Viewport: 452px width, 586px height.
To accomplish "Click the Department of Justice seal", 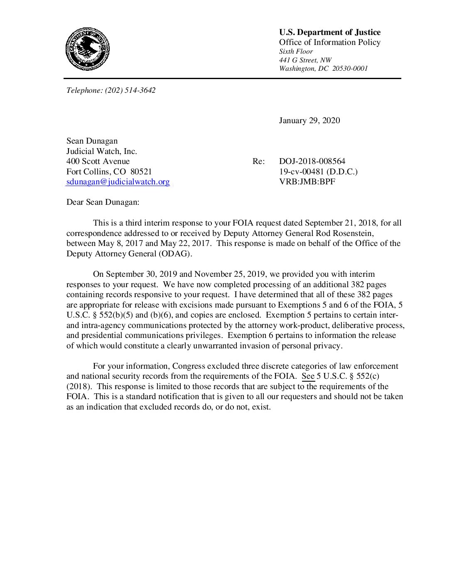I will tap(87, 49).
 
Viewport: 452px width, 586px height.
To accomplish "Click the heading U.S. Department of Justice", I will tap(329, 32).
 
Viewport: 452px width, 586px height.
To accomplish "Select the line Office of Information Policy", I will tap(329, 42).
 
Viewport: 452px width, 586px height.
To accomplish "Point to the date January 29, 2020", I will tap(309, 121).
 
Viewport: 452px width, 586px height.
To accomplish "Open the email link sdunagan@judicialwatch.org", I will tap(118, 182).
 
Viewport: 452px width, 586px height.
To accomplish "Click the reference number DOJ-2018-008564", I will tap(312, 161).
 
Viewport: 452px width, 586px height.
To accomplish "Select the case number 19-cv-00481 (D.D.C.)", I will tap(318, 171).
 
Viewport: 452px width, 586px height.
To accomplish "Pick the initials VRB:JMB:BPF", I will tap(307, 182).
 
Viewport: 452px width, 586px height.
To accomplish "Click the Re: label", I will tap(258, 161).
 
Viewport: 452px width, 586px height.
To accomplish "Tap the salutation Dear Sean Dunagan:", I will tap(103, 202).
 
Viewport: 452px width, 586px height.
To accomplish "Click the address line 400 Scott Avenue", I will tap(98, 161).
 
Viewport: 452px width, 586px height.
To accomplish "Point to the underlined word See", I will tap(308, 376).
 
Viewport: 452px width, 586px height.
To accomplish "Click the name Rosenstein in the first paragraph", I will tap(353, 233).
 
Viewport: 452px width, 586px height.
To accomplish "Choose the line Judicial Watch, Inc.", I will tap(102, 151).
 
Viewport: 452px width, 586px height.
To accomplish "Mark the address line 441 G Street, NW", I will tap(305, 60).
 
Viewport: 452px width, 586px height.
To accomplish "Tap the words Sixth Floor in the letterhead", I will tap(296, 52).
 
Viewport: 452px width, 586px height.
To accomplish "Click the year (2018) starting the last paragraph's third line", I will tap(79, 387).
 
